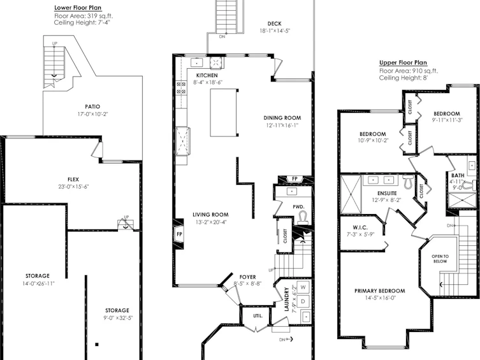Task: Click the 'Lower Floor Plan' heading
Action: click(78, 8)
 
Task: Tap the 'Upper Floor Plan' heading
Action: click(403, 62)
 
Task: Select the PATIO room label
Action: click(92, 106)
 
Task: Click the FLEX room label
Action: click(73, 180)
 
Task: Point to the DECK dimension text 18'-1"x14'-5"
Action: click(275, 31)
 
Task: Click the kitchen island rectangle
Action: click(223, 113)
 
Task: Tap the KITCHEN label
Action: click(207, 75)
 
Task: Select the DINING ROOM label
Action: click(282, 118)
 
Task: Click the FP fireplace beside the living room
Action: click(179, 234)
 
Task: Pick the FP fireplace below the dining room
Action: click(295, 178)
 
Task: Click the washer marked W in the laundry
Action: click(303, 287)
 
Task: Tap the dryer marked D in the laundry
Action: click(303, 301)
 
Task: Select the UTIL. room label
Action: click(258, 315)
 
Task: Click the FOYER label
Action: click(248, 277)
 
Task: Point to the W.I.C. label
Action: click(360, 227)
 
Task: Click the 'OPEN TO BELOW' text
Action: click(440, 259)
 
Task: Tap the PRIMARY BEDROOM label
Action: click(379, 291)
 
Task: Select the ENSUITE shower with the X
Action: click(351, 194)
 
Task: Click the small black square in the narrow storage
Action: click(97, 345)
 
